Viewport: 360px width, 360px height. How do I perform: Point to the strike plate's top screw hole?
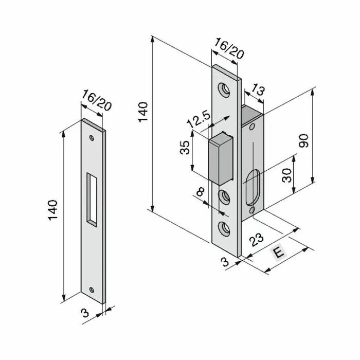(92, 138)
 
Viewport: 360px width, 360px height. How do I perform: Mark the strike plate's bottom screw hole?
(92, 289)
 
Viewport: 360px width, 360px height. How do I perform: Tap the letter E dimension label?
(278, 253)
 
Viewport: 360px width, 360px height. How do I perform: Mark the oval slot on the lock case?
(254, 190)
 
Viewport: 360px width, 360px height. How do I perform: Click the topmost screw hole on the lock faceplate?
(225, 91)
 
